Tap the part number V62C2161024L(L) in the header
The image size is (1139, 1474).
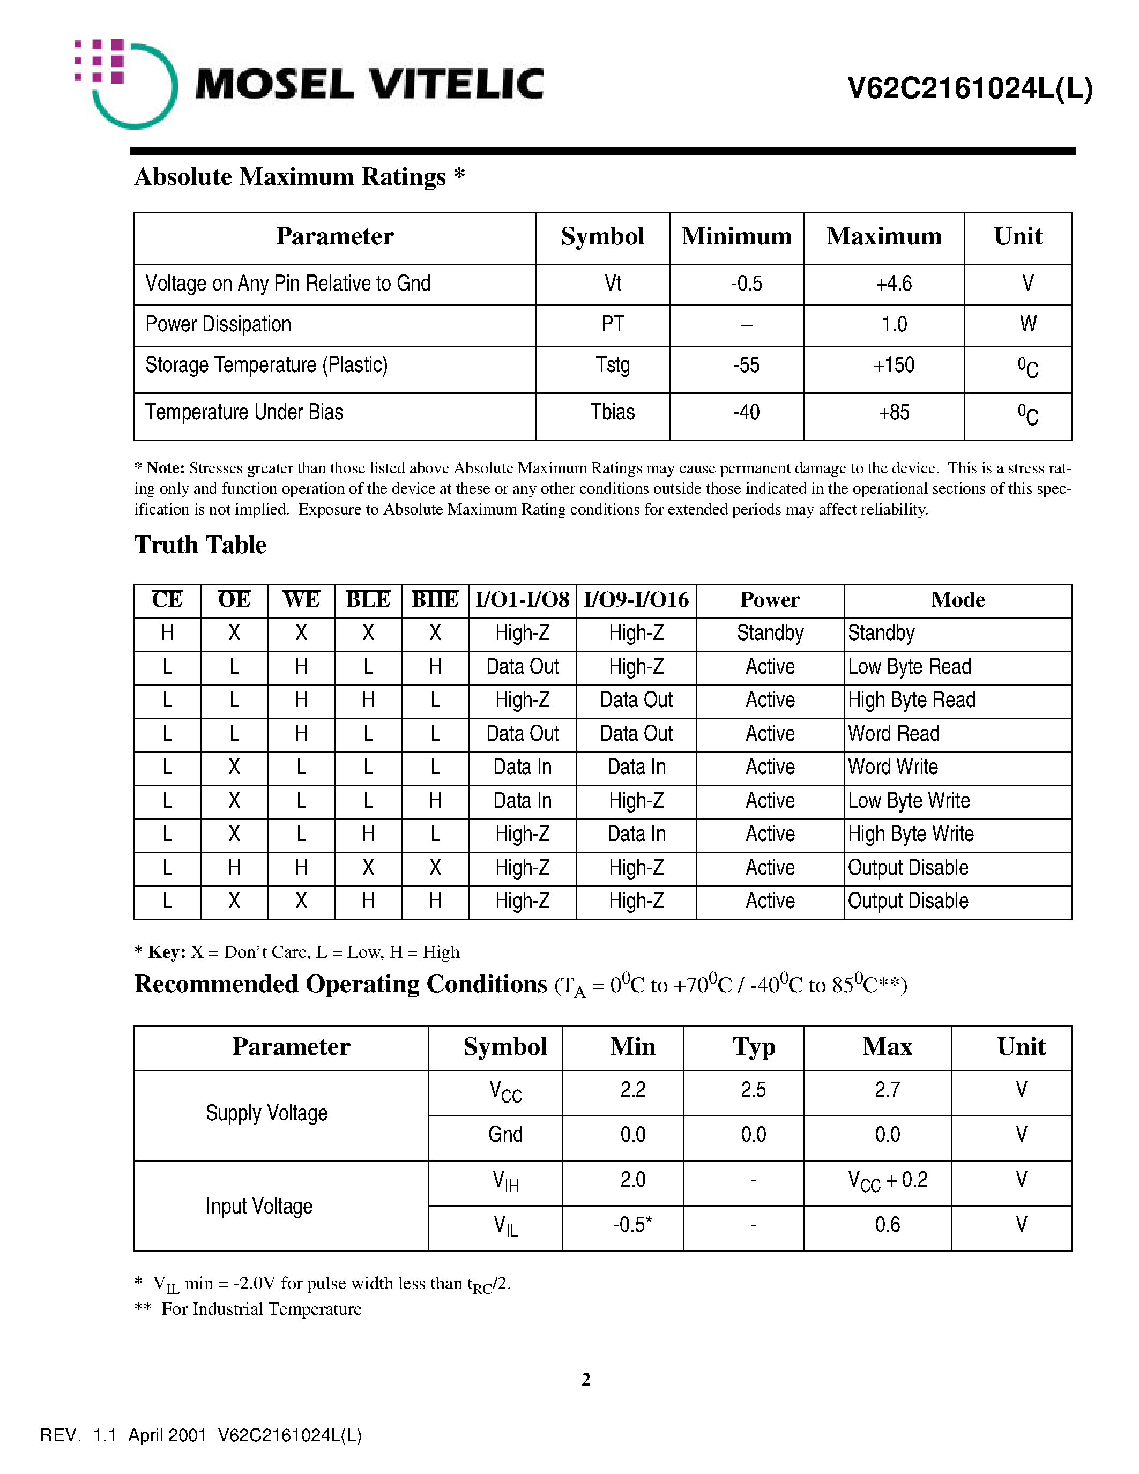[970, 88]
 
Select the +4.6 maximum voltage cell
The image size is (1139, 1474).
[894, 284]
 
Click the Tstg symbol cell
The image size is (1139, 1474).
[612, 365]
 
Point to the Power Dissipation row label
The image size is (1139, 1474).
[218, 325]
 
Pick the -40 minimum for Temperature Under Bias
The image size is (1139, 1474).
[746, 412]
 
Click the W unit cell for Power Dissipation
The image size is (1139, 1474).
[1028, 325]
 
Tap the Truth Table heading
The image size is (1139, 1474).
[200, 545]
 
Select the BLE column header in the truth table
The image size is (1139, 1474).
[368, 600]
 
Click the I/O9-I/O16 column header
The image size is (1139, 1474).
[636, 600]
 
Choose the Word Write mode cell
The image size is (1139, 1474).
[893, 768]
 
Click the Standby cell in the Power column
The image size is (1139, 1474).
[770, 633]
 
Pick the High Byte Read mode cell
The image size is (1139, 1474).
[911, 700]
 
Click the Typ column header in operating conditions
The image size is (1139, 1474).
[754, 1047]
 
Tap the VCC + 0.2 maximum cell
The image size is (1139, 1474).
[887, 1180]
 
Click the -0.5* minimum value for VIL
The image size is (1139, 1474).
[632, 1225]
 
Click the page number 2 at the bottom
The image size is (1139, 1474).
[586, 1380]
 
